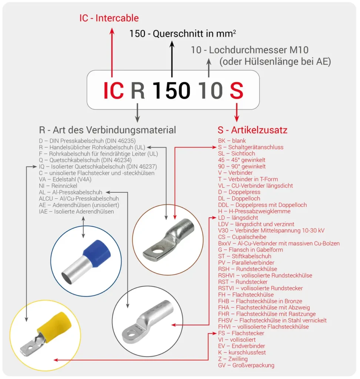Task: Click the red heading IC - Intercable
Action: [x=109, y=18]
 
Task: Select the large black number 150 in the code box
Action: [x=171, y=91]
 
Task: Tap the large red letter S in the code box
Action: [x=236, y=91]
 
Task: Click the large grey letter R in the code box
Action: [x=138, y=91]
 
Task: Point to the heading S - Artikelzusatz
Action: [x=252, y=130]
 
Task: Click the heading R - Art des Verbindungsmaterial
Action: [x=107, y=130]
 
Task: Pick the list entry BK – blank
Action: [x=232, y=141]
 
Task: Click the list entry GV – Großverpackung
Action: [x=246, y=365]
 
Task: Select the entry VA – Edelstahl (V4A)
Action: [x=65, y=179]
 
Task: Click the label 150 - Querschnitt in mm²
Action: [x=183, y=34]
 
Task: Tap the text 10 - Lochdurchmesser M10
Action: [x=250, y=50]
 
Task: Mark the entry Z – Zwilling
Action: [x=233, y=359]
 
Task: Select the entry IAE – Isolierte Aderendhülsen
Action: [x=76, y=211]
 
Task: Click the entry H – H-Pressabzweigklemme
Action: [x=254, y=211]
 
